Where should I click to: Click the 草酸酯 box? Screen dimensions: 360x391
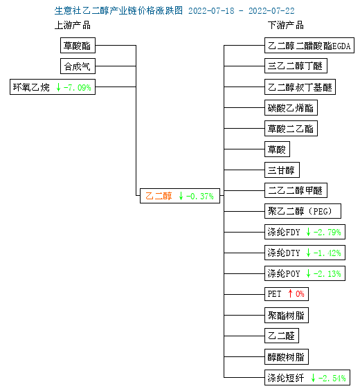[x=78, y=46]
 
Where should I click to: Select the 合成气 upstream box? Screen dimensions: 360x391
[x=78, y=66]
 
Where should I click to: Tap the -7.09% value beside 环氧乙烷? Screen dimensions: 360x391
[x=77, y=87]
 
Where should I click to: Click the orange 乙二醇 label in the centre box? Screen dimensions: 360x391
[x=159, y=196]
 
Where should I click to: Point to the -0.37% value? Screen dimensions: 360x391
[x=200, y=197]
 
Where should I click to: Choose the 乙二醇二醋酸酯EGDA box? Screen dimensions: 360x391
[x=309, y=46]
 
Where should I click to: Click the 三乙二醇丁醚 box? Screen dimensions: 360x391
[x=296, y=66]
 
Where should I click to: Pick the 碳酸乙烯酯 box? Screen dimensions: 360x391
[x=291, y=108]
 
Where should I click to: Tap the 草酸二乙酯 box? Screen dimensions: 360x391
[x=291, y=129]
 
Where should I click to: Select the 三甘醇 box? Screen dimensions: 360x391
[x=282, y=170]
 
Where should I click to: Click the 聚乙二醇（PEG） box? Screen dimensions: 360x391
[x=303, y=211]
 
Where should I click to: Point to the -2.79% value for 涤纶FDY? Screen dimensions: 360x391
[x=327, y=232]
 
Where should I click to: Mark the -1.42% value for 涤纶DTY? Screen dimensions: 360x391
[x=327, y=253]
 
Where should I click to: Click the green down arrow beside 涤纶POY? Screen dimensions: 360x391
[x=308, y=273]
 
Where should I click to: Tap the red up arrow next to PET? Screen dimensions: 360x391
[x=290, y=293]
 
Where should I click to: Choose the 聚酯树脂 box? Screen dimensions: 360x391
[x=287, y=315]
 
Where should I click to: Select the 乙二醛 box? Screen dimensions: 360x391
[x=282, y=336]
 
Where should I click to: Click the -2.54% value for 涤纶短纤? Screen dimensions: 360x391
[x=332, y=378]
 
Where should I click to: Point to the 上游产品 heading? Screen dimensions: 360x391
[x=73, y=25]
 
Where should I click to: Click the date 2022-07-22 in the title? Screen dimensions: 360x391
[x=271, y=10]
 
